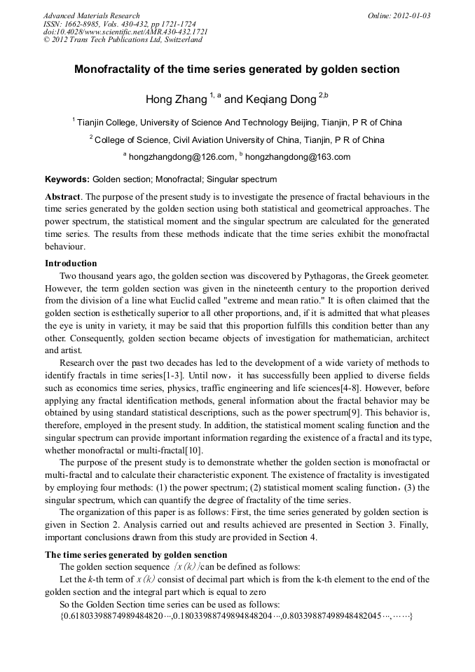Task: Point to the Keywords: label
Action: pos(67,179)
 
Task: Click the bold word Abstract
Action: pos(62,197)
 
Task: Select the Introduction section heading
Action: pos(71,263)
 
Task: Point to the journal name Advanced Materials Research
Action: pos(91,15)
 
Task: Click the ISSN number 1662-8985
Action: pos(87,24)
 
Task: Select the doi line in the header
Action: pos(125,32)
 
